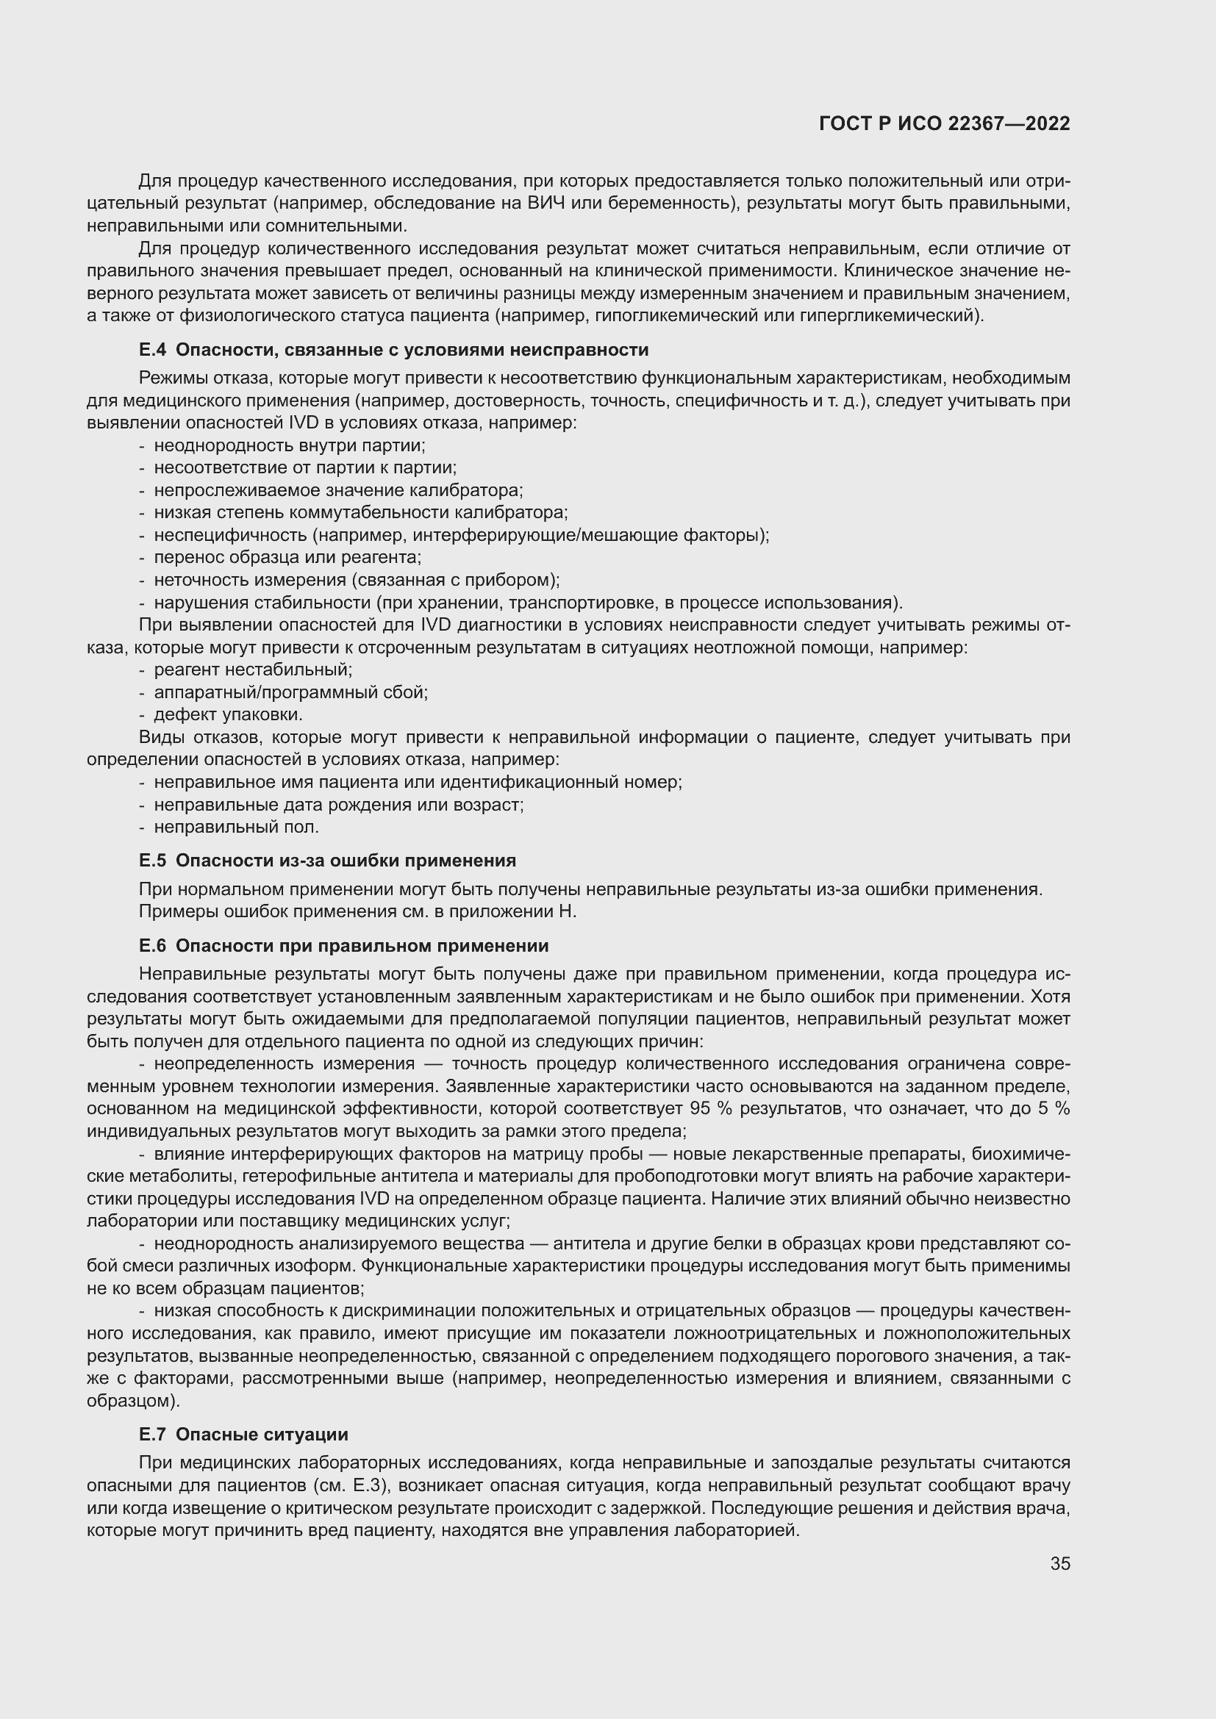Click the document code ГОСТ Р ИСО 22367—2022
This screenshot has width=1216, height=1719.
click(x=944, y=123)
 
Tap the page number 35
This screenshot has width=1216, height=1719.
click(x=1059, y=1563)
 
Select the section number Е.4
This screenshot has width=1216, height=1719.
click(x=152, y=350)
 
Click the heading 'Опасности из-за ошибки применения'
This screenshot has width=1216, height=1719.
click(x=346, y=861)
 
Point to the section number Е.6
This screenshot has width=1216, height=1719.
click(x=152, y=946)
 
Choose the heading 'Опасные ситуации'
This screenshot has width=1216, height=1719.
click(x=262, y=1435)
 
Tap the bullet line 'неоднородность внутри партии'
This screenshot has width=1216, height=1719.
click(x=289, y=445)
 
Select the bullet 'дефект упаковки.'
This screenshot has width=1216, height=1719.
click(x=229, y=714)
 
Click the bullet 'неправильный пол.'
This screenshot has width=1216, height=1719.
click(x=237, y=827)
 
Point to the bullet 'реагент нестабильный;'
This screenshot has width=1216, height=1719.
click(x=253, y=670)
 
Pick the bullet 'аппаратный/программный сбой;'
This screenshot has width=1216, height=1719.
click(x=290, y=692)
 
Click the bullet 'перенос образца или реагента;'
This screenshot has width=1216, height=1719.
click(x=287, y=557)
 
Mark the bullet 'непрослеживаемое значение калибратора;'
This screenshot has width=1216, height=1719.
click(x=338, y=490)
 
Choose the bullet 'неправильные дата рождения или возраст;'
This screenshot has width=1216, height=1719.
click(x=338, y=805)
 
